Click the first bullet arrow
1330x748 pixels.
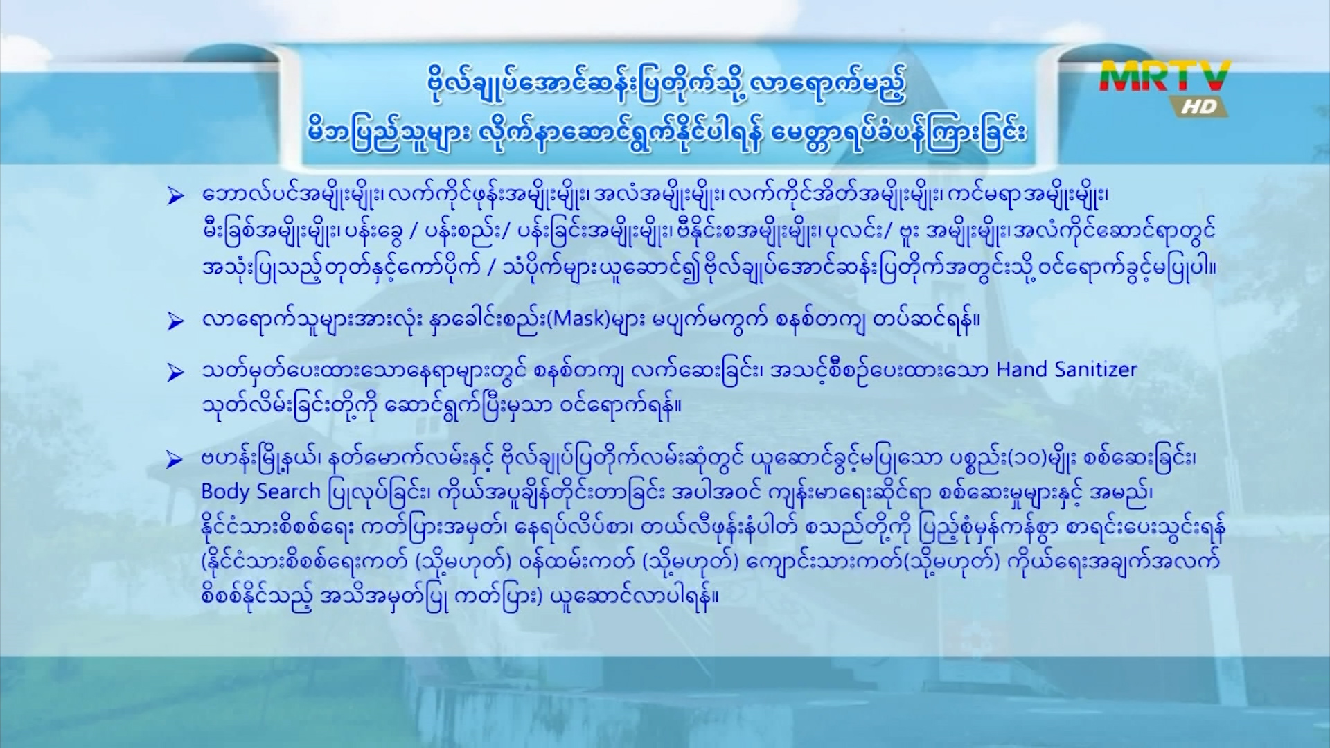click(175, 196)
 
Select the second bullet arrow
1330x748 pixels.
click(175, 321)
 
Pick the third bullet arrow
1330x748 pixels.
click(175, 373)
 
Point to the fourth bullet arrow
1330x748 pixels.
click(175, 459)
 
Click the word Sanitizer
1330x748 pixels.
click(1096, 369)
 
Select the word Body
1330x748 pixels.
click(226, 492)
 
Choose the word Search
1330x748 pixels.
click(288, 491)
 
